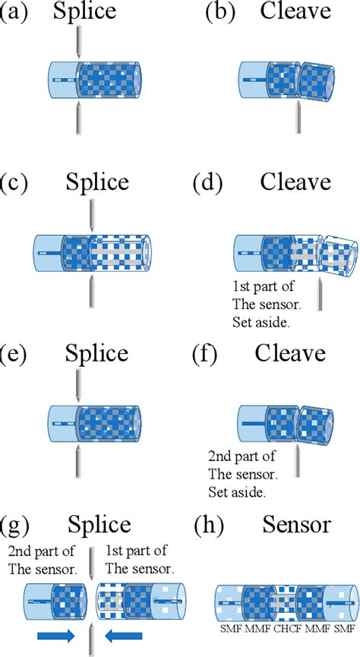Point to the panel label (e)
click(17, 353)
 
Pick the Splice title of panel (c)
click(97, 182)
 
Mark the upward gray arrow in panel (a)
click(78, 118)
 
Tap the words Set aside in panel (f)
click(237, 492)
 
